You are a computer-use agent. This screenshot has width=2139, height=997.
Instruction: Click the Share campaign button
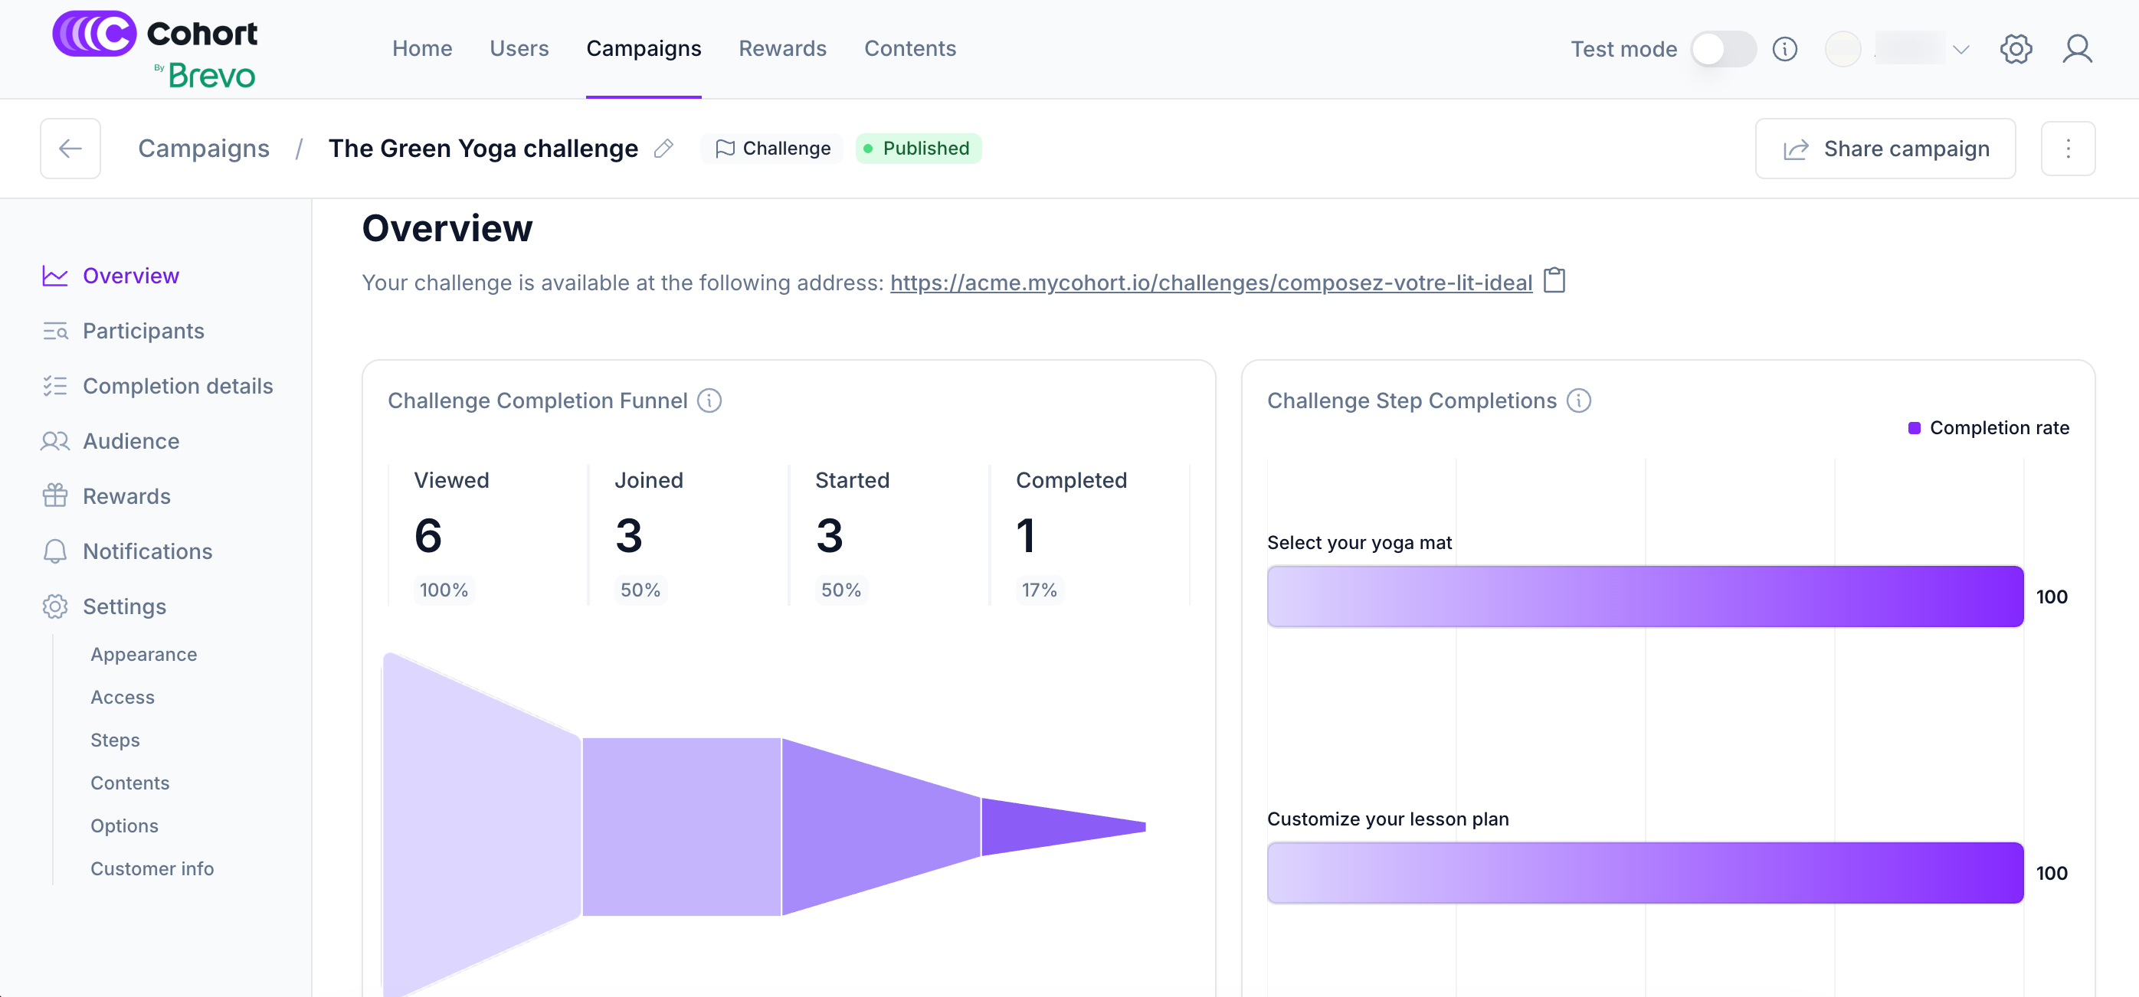(x=1884, y=149)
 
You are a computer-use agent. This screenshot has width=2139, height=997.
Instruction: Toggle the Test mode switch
(x=1723, y=49)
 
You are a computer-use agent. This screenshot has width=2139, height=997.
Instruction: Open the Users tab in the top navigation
(x=519, y=48)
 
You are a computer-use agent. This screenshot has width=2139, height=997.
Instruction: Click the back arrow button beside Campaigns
(x=70, y=149)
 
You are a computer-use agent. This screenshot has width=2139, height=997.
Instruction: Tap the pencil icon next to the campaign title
(x=663, y=149)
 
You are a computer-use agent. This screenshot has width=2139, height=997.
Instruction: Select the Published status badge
(x=918, y=149)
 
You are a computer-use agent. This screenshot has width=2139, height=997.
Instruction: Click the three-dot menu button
(x=2068, y=149)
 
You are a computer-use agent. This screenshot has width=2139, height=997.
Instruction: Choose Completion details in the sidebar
(x=178, y=386)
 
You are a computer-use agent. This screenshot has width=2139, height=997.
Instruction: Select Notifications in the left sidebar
(x=147, y=551)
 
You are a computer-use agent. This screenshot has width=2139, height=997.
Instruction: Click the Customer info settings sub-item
(x=152, y=868)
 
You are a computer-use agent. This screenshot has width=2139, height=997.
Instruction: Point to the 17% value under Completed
(x=1039, y=590)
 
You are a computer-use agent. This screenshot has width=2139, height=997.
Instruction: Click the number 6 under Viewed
(x=428, y=535)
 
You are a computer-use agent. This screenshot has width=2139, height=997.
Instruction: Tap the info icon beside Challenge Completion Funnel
(x=709, y=401)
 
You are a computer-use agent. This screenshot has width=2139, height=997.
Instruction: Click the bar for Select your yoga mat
(x=1644, y=596)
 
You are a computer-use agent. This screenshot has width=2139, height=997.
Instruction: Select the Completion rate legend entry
(x=1988, y=427)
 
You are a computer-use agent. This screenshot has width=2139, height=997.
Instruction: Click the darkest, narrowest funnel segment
(x=1054, y=826)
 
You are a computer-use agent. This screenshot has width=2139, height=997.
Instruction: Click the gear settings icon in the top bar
(x=2016, y=49)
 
